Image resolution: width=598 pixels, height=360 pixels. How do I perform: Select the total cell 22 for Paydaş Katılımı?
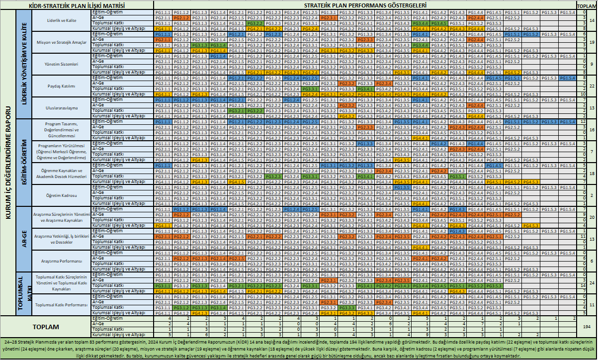tap(592, 86)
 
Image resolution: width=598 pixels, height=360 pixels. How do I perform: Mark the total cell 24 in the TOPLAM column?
tap(592, 283)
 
